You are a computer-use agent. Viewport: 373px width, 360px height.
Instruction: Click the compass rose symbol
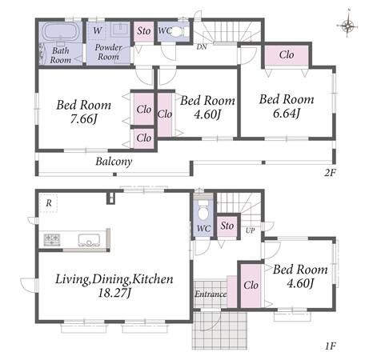[x=347, y=26]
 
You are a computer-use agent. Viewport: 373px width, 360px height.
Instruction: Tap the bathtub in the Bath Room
[x=62, y=32]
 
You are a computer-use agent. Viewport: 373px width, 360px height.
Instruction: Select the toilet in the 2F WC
[x=176, y=32]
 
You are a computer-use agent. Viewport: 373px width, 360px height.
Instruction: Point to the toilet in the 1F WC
[x=203, y=209]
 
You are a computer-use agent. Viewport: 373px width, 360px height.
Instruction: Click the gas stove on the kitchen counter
[x=52, y=239]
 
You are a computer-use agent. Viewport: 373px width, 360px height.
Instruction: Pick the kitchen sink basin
[x=89, y=240]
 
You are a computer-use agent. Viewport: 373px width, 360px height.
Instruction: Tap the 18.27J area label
[x=114, y=294]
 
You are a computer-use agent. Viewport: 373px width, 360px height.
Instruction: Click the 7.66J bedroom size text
[x=83, y=118]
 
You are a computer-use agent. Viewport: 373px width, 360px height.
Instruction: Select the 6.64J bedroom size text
[x=287, y=113]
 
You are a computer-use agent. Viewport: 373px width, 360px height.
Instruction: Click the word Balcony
[x=114, y=162]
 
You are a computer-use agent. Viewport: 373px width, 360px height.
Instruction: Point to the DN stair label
[x=202, y=47]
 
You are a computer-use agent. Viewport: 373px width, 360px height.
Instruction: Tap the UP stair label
[x=250, y=230]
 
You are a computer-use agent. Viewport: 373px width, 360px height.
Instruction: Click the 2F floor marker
[x=330, y=173]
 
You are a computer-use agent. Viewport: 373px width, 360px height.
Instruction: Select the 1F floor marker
[x=330, y=346]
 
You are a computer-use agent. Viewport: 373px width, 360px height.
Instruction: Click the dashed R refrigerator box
[x=49, y=203]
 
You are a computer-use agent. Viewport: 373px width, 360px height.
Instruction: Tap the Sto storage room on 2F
[x=144, y=31]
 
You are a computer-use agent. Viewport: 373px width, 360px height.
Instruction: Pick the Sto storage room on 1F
[x=227, y=226]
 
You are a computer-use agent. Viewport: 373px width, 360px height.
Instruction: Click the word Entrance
[x=211, y=294]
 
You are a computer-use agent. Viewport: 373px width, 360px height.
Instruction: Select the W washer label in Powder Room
[x=98, y=30]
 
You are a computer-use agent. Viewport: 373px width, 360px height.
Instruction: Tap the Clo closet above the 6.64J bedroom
[x=287, y=55]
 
